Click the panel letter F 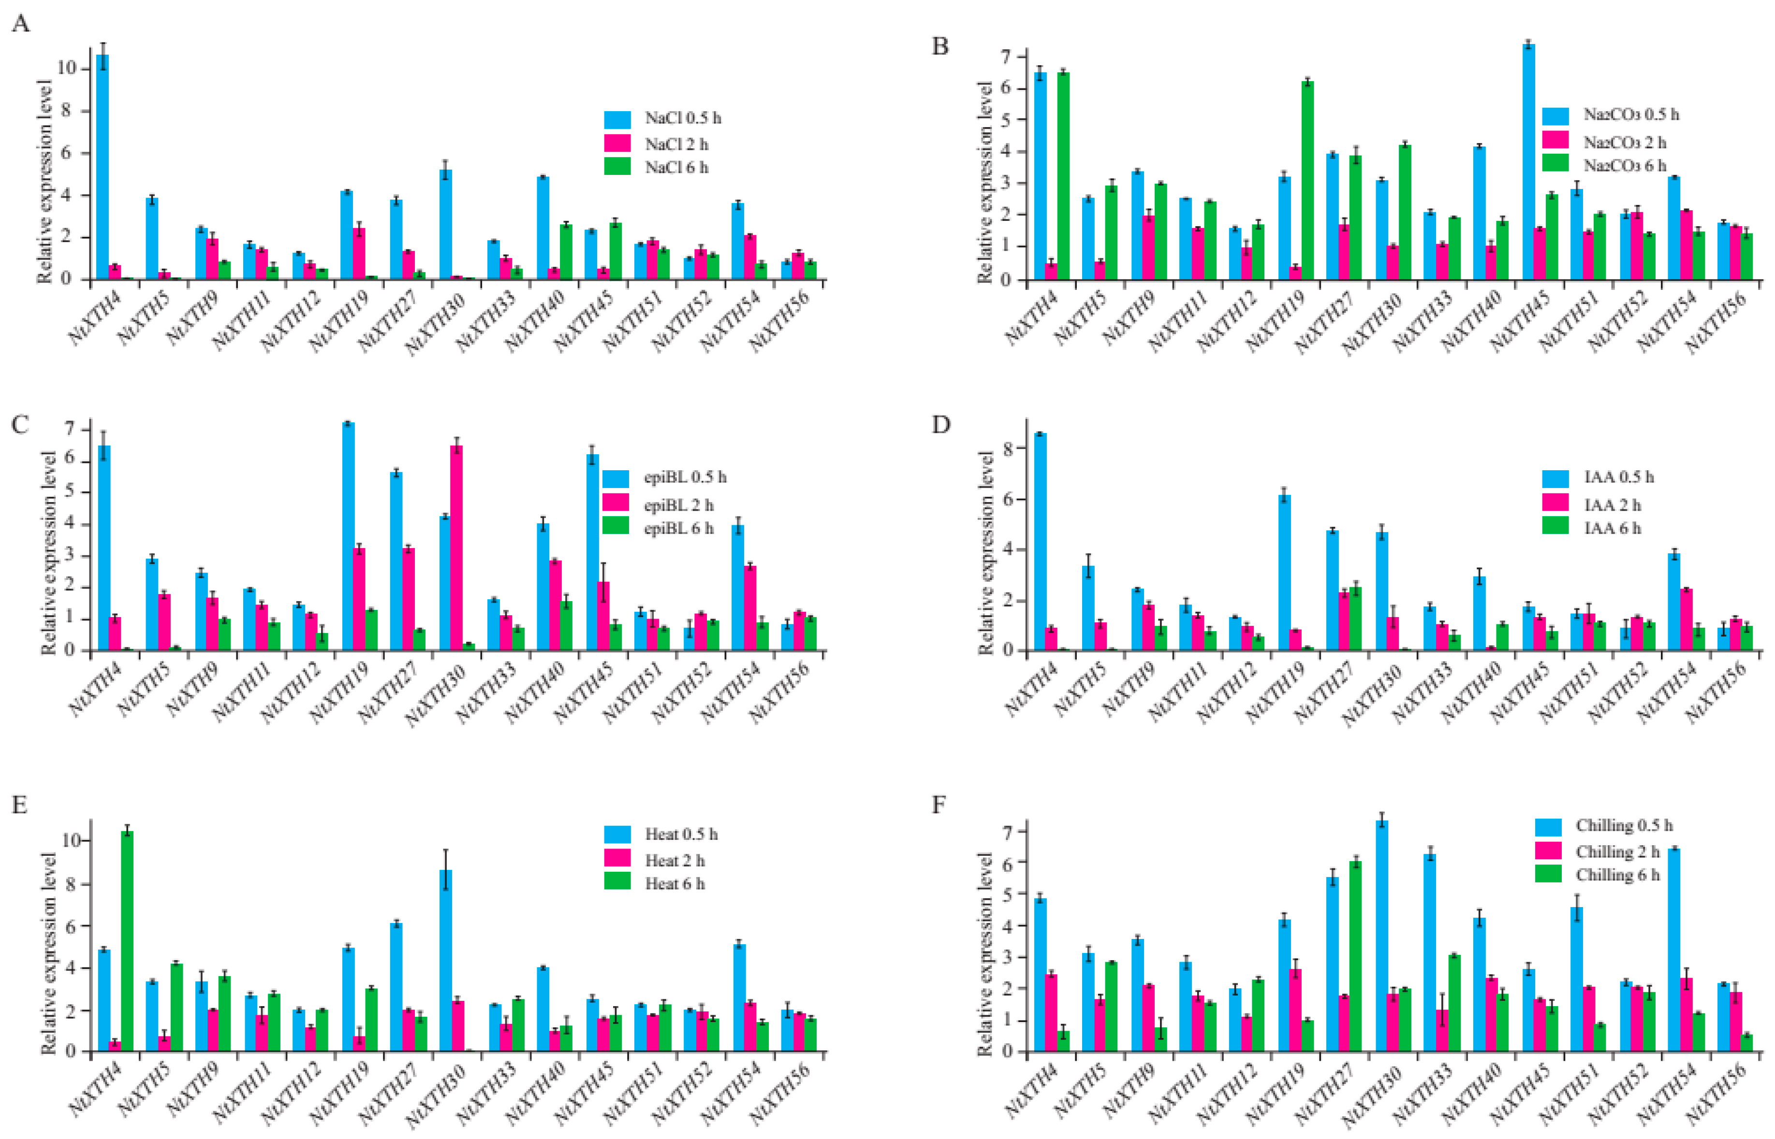point(939,804)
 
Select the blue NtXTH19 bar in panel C point(347,536)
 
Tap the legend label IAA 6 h point(1612,528)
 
